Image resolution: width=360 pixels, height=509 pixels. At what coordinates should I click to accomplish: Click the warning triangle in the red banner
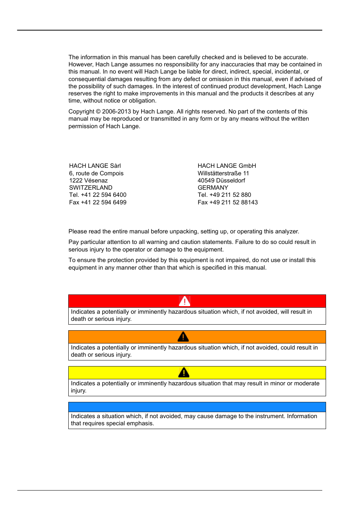click(x=184, y=301)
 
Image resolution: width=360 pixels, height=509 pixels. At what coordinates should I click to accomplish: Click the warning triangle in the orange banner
click(x=183, y=337)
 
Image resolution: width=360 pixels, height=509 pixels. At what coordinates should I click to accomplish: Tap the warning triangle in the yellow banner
click(x=183, y=373)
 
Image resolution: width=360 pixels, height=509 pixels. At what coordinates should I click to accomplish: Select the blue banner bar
click(x=197, y=407)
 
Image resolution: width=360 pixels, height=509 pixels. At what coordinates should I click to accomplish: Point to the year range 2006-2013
click(x=116, y=112)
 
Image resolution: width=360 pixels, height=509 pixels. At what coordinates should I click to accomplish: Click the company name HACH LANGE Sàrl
click(x=95, y=166)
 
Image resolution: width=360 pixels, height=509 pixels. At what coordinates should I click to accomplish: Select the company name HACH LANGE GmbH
click(x=227, y=166)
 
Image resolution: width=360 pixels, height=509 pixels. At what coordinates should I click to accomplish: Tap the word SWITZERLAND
click(x=91, y=188)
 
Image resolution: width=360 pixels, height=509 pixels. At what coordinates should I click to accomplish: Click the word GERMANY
click(x=213, y=188)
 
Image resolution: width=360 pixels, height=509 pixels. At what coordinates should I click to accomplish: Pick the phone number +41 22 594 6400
click(x=104, y=195)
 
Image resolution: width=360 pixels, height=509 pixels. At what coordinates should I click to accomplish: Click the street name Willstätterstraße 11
click(x=223, y=173)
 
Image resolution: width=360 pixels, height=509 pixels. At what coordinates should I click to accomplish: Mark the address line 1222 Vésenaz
click(x=88, y=181)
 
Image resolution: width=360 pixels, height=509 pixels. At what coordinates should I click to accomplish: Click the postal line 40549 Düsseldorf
click(x=222, y=181)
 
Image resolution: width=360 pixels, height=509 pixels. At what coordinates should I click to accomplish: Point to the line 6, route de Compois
click(x=96, y=173)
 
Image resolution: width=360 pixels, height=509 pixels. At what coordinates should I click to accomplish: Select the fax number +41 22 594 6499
click(x=104, y=202)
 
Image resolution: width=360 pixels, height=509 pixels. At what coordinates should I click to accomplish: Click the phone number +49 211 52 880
click(x=230, y=195)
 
